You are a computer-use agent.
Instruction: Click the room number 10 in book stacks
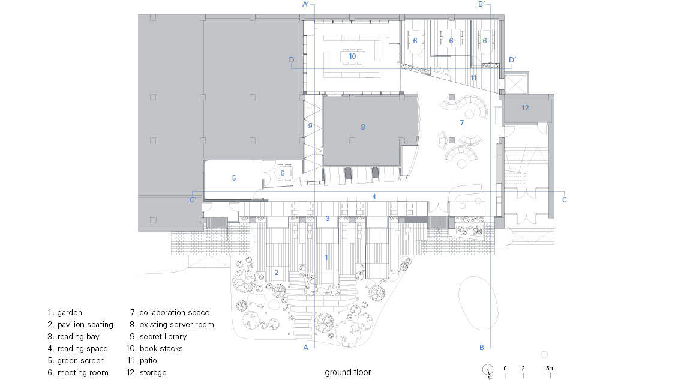[352, 56]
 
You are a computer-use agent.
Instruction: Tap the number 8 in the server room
[362, 127]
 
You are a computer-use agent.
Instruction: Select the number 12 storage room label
[525, 108]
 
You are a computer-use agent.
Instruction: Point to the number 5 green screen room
[234, 178]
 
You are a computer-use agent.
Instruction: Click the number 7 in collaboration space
[461, 122]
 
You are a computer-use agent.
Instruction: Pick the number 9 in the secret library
[310, 125]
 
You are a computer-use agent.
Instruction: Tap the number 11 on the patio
[473, 77]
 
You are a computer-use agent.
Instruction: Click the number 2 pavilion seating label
[277, 272]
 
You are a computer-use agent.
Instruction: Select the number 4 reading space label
[374, 197]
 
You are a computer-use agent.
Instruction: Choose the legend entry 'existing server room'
[172, 325]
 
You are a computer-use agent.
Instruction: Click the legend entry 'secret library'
[158, 337]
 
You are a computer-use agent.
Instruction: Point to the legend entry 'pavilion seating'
[80, 325]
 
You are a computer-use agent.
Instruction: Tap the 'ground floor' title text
[348, 372]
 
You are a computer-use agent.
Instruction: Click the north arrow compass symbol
[488, 370]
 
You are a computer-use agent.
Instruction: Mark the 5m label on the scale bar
[550, 368]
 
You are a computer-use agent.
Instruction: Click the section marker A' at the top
[306, 4]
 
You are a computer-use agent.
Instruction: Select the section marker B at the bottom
[482, 348]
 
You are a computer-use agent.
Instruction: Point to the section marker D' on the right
[512, 60]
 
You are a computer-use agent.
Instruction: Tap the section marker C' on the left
[193, 200]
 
